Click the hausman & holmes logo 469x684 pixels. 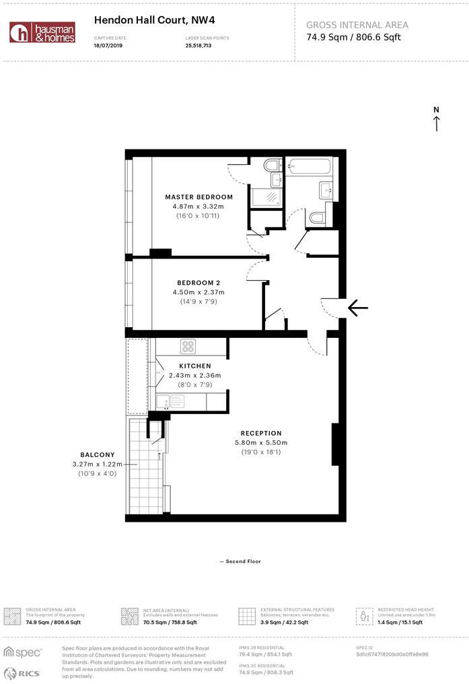point(42,32)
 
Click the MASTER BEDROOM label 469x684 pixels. point(199,197)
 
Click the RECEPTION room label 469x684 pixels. point(261,433)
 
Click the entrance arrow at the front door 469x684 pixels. point(358,308)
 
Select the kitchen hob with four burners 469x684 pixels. point(188,347)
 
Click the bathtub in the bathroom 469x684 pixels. point(308,167)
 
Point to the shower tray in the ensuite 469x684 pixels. point(266,197)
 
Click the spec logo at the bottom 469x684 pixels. point(24,652)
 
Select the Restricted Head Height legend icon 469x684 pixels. point(366,616)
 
